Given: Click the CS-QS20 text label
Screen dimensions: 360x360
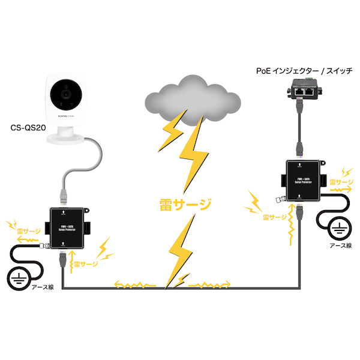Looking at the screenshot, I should pos(29,127).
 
